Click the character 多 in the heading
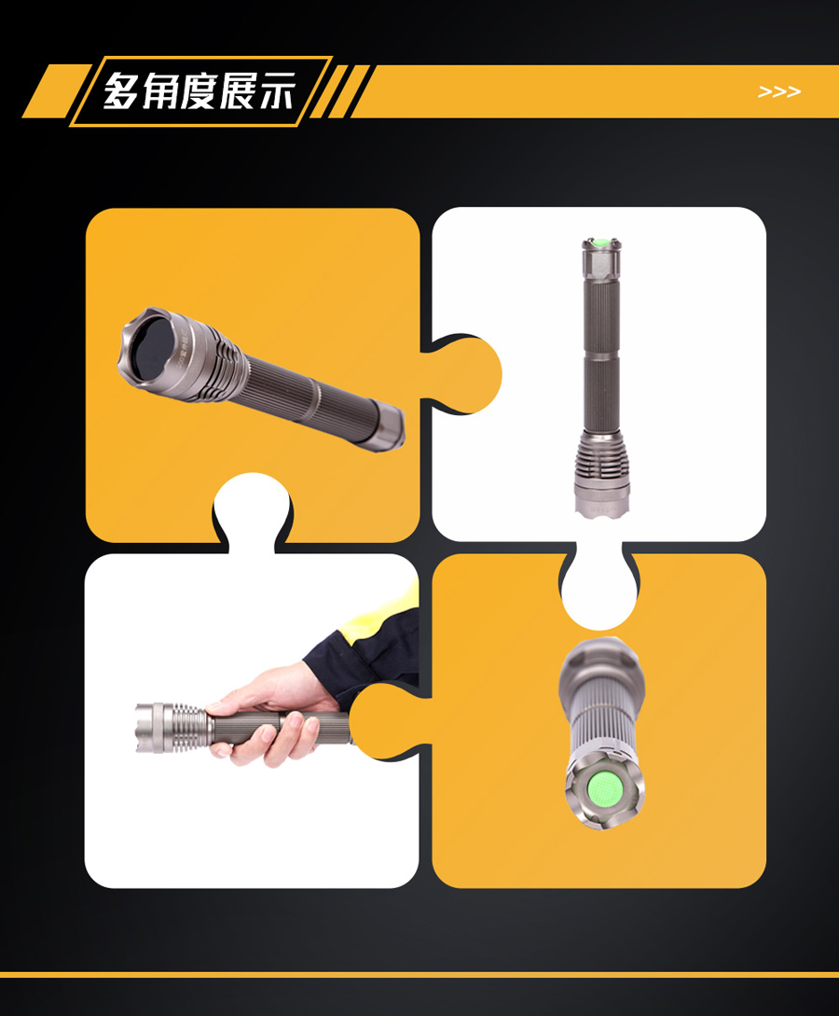121,90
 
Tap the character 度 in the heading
198,90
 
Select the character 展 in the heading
238,90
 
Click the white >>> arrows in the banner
779,91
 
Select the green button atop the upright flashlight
601,243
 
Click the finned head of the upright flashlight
602,472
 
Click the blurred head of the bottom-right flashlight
602,671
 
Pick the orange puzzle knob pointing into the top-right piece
465,374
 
